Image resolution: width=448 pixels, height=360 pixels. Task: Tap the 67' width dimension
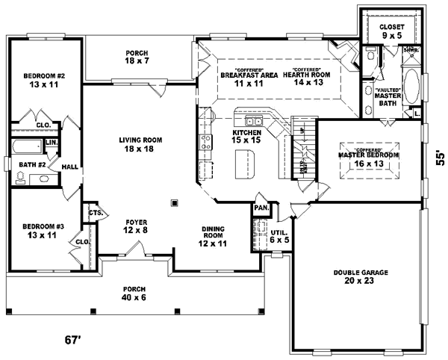point(72,341)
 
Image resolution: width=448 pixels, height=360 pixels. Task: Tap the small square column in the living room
point(174,201)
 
